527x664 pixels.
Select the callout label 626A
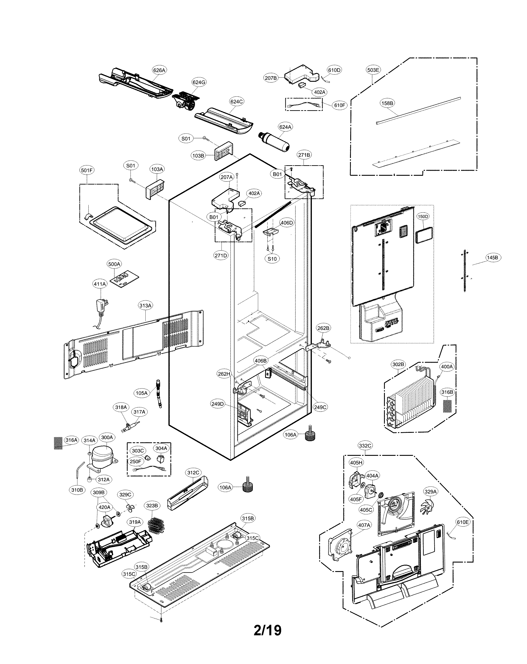coord(159,70)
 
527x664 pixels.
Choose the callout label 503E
coord(373,70)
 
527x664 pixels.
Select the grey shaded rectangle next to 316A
coord(58,443)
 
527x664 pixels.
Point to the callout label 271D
coord(221,255)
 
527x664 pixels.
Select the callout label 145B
coord(492,257)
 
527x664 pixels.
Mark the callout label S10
coord(272,259)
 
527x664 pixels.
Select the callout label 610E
coord(463,522)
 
